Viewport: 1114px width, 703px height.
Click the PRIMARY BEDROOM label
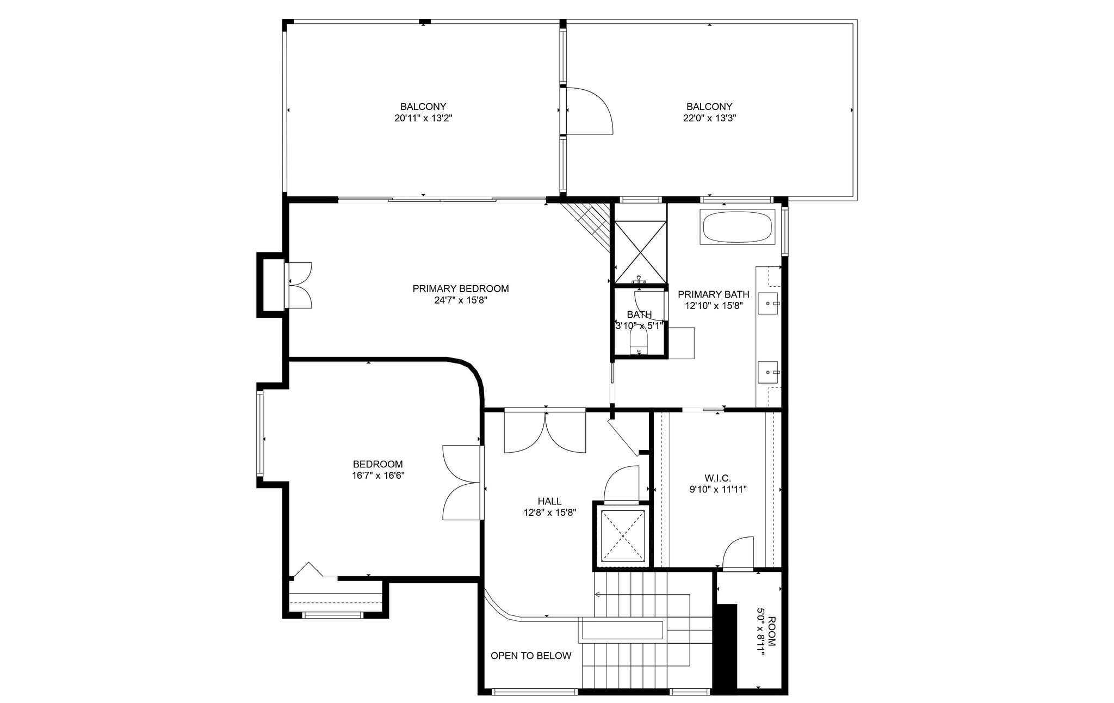(x=461, y=288)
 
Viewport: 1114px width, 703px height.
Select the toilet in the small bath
(x=640, y=343)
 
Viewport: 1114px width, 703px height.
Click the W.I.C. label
(x=717, y=478)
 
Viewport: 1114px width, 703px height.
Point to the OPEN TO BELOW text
(x=531, y=656)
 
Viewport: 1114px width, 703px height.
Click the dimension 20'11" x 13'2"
(x=423, y=118)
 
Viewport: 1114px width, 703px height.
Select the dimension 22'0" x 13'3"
(x=709, y=118)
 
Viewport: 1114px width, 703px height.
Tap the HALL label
(x=549, y=501)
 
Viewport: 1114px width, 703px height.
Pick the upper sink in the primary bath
(x=769, y=301)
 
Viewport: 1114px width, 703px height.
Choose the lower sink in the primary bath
(x=769, y=372)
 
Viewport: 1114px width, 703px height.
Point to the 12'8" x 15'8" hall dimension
(x=550, y=512)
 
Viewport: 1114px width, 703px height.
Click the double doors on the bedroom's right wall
(x=462, y=482)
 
